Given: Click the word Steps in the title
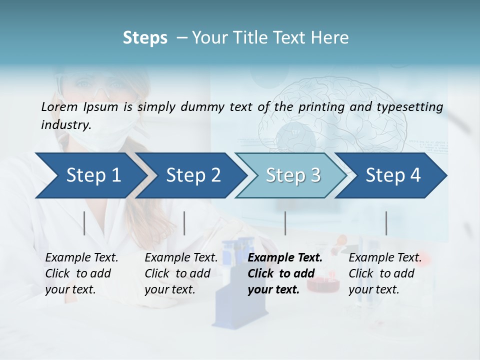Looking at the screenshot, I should [145, 37].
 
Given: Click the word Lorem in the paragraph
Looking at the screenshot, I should [59, 106].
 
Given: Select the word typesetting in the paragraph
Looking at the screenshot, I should [409, 106].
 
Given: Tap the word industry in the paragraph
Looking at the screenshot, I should [65, 124].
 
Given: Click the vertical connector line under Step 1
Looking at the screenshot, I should [84, 223].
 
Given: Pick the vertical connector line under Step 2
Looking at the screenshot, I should [184, 223].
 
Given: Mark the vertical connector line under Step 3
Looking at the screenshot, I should [285, 223].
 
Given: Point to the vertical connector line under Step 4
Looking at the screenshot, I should [386, 223].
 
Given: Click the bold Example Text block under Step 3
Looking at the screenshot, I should [285, 273].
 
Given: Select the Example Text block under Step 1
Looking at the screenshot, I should [81, 273].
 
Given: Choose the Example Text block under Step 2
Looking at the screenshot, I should [181, 273].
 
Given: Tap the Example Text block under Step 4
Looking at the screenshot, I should [385, 273].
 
